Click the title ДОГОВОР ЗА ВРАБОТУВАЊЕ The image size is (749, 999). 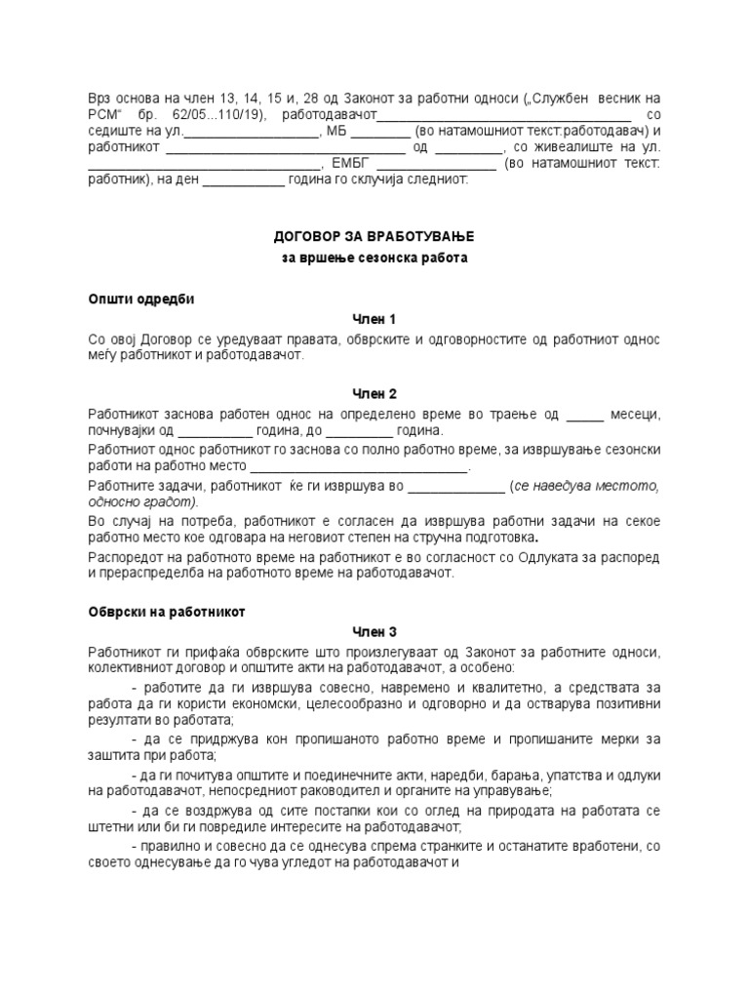[x=375, y=237]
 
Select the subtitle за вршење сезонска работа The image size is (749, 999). [x=375, y=259]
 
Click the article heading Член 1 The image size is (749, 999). [x=374, y=319]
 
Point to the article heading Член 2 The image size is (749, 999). [x=374, y=393]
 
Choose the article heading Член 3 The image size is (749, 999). [x=374, y=631]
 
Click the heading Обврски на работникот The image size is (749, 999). [x=167, y=612]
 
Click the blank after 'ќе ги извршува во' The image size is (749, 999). [x=455, y=485]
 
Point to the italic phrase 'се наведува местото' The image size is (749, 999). [x=588, y=485]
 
